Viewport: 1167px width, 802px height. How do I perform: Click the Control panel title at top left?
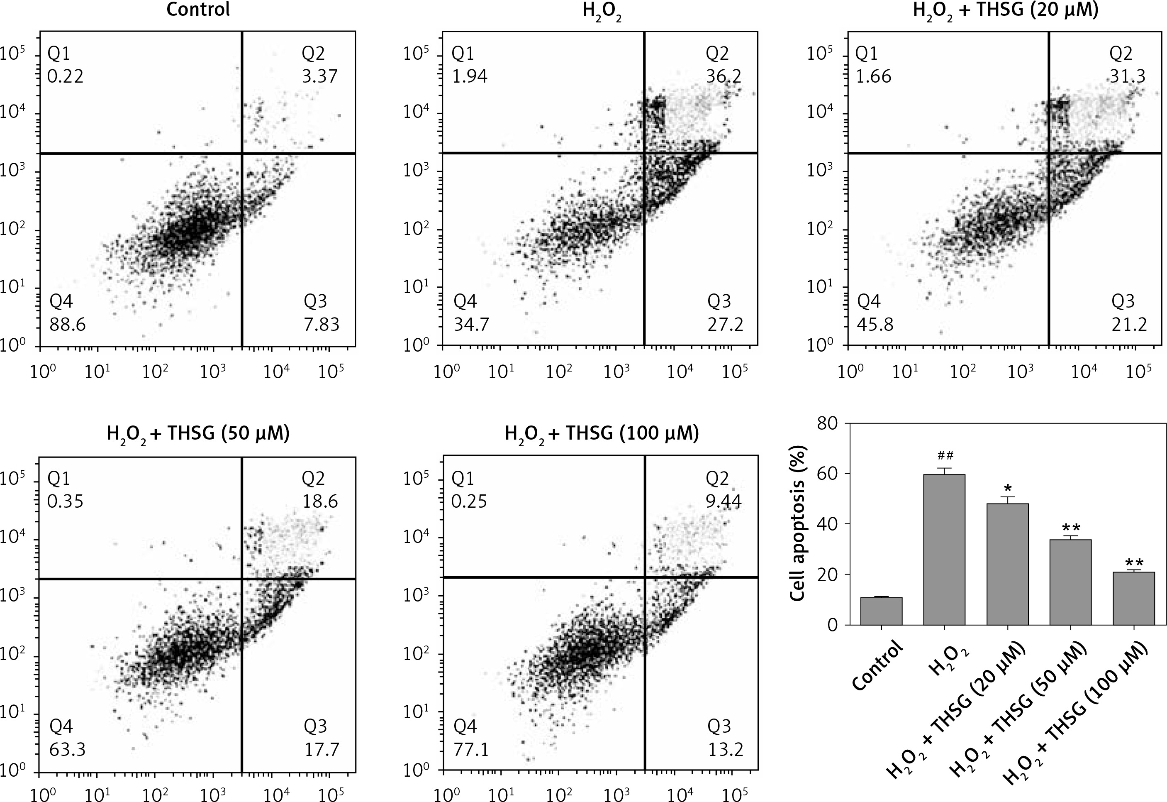[198, 10]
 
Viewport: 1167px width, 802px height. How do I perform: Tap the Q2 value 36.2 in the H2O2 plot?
[723, 76]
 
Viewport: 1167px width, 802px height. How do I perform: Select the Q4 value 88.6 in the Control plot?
[67, 325]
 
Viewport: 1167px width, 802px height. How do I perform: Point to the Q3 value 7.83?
[322, 325]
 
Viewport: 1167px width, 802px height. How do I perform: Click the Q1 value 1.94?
[469, 76]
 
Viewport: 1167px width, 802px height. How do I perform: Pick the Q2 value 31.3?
[1127, 76]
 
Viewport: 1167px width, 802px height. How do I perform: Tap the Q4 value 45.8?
[875, 325]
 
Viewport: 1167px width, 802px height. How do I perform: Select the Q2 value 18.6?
[319, 501]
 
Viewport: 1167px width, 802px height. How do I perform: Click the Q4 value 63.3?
[67, 750]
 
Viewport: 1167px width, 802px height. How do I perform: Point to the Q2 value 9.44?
[724, 501]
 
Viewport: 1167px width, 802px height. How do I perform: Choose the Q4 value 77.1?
[471, 750]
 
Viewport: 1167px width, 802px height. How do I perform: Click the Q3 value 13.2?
[725, 750]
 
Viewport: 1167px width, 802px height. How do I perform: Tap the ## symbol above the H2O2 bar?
[945, 456]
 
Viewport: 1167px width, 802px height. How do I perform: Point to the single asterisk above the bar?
[1007, 489]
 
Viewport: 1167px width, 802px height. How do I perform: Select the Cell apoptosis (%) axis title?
[799, 523]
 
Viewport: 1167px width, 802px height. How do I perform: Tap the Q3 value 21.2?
[1129, 325]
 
